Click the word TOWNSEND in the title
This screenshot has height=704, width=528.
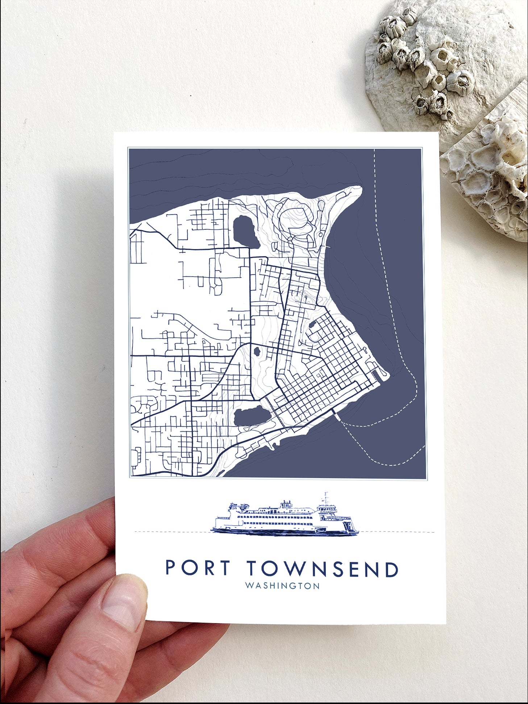tap(323, 569)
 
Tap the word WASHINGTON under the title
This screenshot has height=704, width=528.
tap(282, 586)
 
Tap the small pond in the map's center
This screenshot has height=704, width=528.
tap(257, 351)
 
